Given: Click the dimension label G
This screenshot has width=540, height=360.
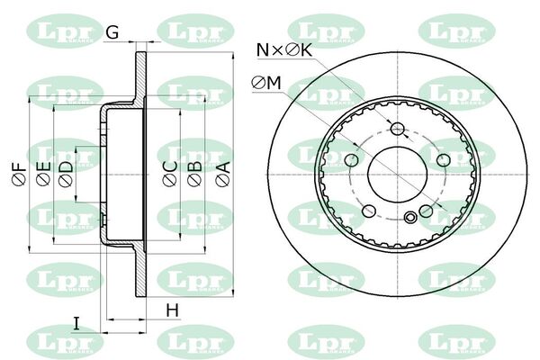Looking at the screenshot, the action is tap(112, 31).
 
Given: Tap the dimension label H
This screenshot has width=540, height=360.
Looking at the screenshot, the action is tap(173, 310).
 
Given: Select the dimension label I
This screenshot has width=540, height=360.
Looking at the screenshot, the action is tap(76, 323).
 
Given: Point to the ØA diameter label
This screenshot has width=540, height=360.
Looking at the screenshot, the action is tap(223, 174).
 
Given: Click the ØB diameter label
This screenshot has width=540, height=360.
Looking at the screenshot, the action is tap(194, 174).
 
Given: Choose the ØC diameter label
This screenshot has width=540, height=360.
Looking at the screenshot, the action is tap(170, 174).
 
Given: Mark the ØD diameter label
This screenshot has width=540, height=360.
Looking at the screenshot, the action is tap(66, 174).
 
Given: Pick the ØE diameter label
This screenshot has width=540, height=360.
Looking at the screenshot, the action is tap(43, 174).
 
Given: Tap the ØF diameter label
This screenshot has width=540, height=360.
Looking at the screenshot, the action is tap(19, 174).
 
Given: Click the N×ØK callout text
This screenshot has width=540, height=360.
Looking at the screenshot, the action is tap(284, 50).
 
